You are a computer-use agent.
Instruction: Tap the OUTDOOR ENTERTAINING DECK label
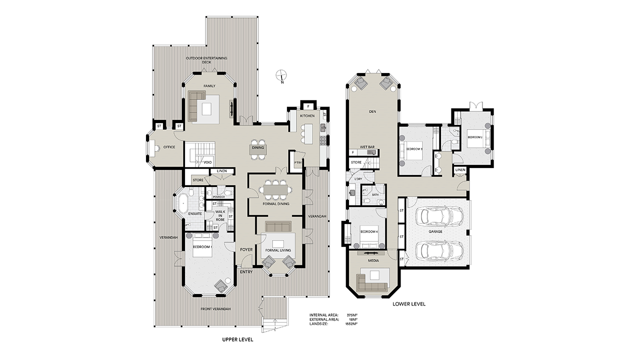click(206, 60)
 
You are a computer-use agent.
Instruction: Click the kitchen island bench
click(307, 133)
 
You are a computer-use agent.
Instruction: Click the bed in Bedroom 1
click(203, 245)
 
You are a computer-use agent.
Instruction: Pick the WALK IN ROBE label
click(220, 215)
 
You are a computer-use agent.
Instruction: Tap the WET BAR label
click(367, 147)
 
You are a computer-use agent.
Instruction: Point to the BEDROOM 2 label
click(474, 136)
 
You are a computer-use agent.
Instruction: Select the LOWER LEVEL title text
click(408, 303)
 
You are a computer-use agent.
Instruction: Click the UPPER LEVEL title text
click(237, 339)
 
